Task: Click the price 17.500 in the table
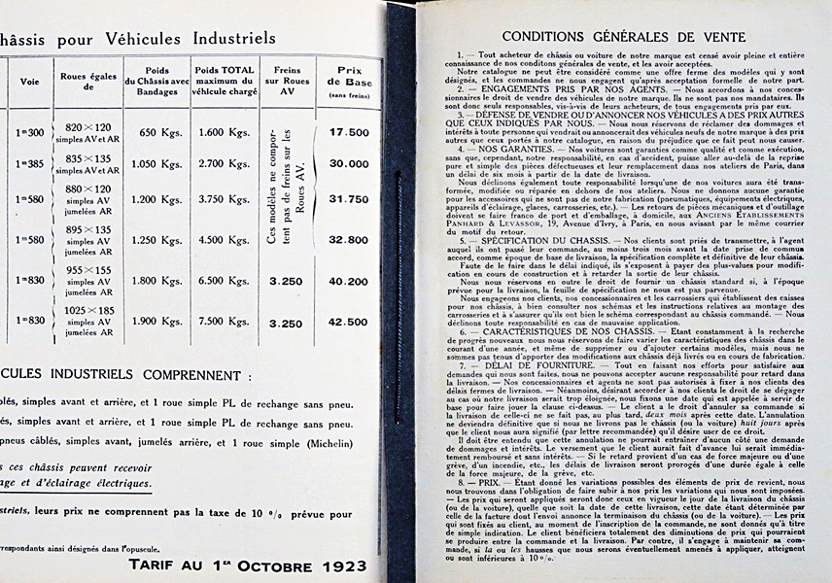[349, 132]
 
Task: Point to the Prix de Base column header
[349, 77]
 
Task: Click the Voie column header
[30, 82]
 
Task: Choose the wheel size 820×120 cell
[88, 127]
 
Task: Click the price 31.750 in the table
[349, 199]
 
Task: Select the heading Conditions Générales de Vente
[624, 38]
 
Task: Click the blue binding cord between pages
[399, 291]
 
